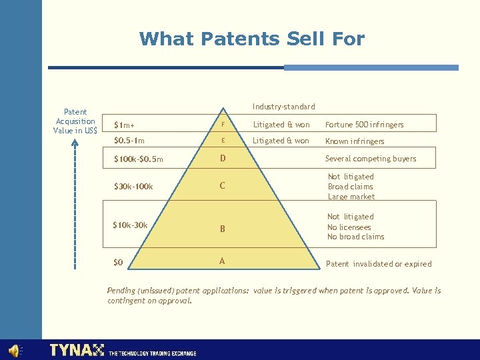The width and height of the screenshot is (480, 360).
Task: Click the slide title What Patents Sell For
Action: [252, 39]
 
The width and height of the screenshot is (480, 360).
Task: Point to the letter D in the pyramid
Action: [223, 159]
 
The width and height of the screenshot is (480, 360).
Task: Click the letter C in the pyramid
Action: [223, 186]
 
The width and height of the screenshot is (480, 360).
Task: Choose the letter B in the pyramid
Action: [223, 229]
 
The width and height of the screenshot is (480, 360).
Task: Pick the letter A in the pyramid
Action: [222, 261]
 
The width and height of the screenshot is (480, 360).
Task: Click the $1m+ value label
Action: [123, 125]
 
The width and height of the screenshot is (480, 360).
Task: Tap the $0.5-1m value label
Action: [129, 141]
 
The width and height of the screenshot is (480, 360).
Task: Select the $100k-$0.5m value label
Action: [139, 159]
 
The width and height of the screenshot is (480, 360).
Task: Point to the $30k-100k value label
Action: [133, 187]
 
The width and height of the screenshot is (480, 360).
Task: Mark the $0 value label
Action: [118, 263]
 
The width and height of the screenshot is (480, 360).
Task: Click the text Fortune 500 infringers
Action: [364, 125]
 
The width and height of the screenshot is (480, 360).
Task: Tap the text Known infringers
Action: [355, 141]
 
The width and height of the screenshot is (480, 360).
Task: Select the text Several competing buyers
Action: [371, 159]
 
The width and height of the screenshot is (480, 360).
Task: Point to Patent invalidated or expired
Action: [379, 264]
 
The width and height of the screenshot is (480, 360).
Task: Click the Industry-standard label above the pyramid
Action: [284, 107]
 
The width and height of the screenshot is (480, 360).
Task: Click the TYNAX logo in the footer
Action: [77, 350]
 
